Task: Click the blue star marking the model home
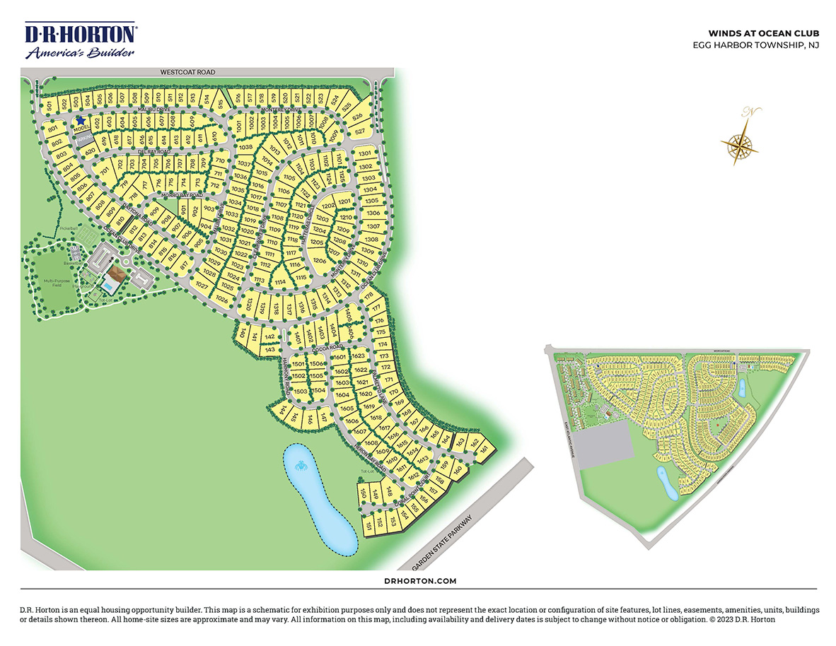tap(81, 121)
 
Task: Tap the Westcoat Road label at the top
tap(187, 72)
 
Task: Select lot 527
tap(360, 131)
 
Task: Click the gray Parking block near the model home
tap(85, 139)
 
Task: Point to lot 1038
tap(245, 147)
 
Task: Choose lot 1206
tap(320, 260)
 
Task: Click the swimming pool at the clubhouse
tap(110, 287)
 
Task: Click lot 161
tap(484, 449)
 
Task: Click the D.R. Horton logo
tap(81, 41)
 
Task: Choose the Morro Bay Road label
tap(182, 195)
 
